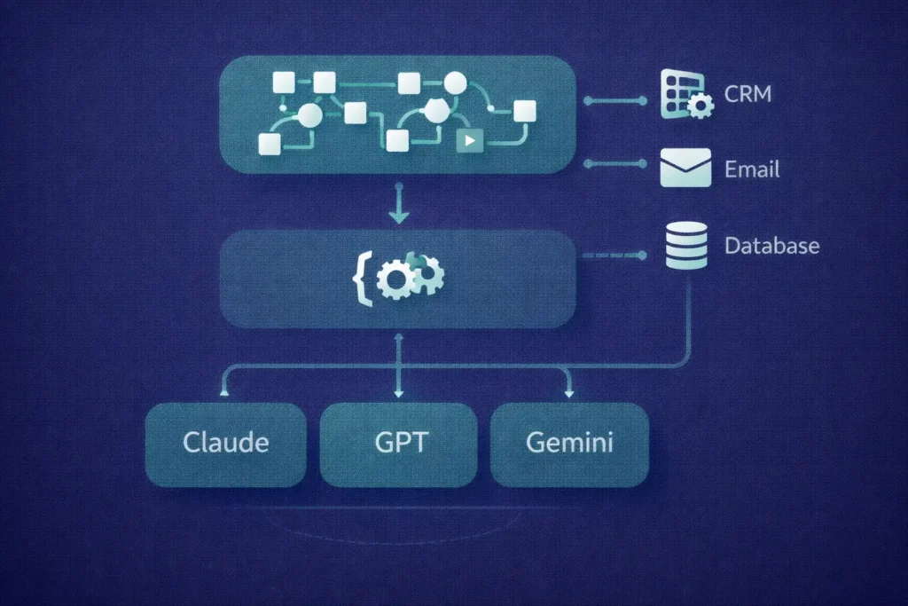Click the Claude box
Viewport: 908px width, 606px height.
click(x=225, y=443)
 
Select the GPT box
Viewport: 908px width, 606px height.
click(x=398, y=443)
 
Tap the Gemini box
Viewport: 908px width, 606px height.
click(x=568, y=443)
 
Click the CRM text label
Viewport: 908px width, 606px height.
click(x=747, y=93)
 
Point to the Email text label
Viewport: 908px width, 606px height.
click(x=752, y=169)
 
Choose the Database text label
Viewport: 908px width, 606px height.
click(x=771, y=245)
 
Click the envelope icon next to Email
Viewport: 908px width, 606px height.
click(x=685, y=168)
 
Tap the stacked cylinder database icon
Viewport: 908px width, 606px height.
click(x=685, y=245)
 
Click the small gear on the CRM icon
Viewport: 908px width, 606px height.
click(x=701, y=107)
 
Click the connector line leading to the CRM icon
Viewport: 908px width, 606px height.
click(x=614, y=100)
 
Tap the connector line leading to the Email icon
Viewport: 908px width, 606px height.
click(x=614, y=164)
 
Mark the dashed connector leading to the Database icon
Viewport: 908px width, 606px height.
click(x=612, y=256)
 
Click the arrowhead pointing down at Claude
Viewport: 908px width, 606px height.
click(x=225, y=387)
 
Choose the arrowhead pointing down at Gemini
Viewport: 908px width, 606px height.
click(x=568, y=387)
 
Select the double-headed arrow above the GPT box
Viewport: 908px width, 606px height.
click(x=398, y=364)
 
